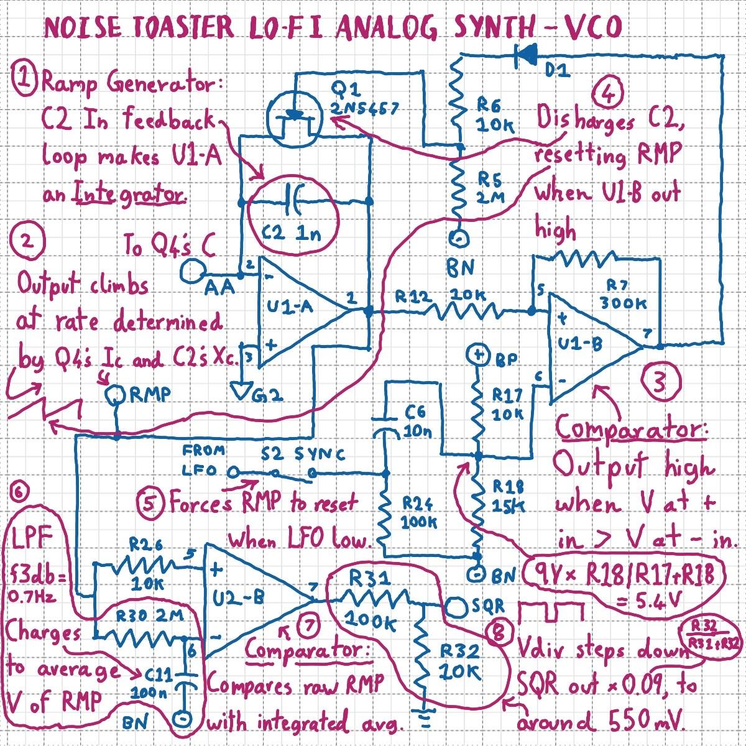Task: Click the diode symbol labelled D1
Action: point(527,56)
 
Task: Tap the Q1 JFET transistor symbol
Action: point(293,116)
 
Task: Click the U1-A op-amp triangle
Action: point(298,311)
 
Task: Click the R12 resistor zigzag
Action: point(466,310)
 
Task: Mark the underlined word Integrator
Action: point(130,195)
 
